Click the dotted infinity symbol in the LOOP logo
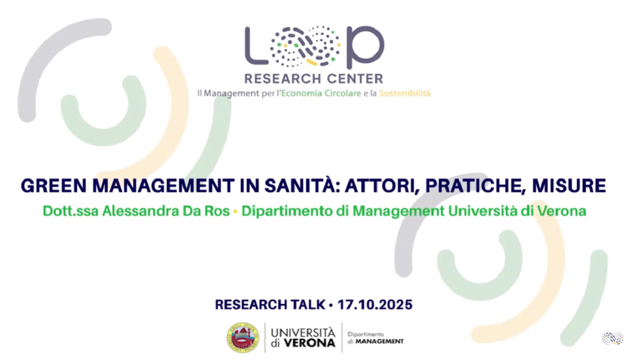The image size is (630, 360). [305, 46]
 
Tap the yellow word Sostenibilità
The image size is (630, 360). [405, 93]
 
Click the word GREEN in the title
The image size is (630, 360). [54, 186]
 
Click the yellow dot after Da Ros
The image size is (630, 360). [235, 212]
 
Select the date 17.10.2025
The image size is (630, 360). [375, 305]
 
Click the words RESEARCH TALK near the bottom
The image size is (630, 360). [270, 305]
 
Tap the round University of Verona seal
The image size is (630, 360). [243, 338]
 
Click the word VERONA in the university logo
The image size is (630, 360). [309, 343]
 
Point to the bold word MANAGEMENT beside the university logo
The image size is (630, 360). [379, 342]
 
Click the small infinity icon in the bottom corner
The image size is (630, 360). [612, 338]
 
